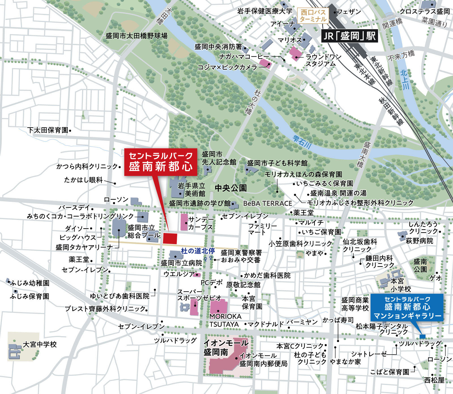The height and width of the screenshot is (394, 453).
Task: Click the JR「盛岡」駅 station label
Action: (349, 36)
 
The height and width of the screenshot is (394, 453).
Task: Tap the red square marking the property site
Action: (170, 238)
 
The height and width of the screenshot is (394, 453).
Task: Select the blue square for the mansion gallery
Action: (422, 336)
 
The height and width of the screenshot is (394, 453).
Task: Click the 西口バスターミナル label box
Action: (313, 16)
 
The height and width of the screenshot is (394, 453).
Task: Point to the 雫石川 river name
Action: (302, 142)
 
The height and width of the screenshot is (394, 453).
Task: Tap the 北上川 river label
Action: (405, 80)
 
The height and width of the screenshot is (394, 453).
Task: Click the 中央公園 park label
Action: (231, 188)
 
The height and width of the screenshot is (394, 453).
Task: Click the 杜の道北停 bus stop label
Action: (198, 251)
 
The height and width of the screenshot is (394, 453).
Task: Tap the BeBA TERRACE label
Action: (268, 204)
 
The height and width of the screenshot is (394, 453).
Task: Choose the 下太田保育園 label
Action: (48, 130)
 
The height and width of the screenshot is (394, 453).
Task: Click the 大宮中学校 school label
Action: (40, 344)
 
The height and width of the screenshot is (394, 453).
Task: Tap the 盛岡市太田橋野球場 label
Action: (136, 36)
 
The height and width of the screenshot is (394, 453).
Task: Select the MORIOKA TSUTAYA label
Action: (225, 320)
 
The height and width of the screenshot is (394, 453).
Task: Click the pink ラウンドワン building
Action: (295, 54)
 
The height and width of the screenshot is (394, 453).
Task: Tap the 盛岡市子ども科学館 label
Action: (277, 163)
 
